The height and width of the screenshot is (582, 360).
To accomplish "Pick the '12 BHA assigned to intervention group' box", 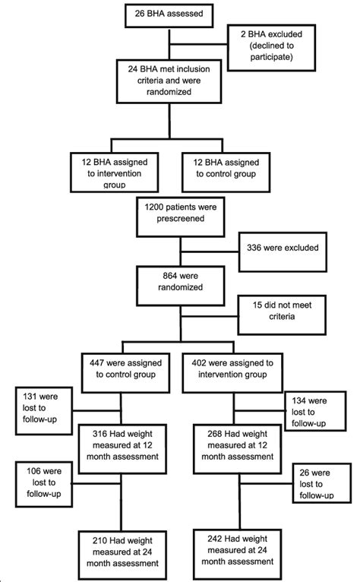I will point(110,172).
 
